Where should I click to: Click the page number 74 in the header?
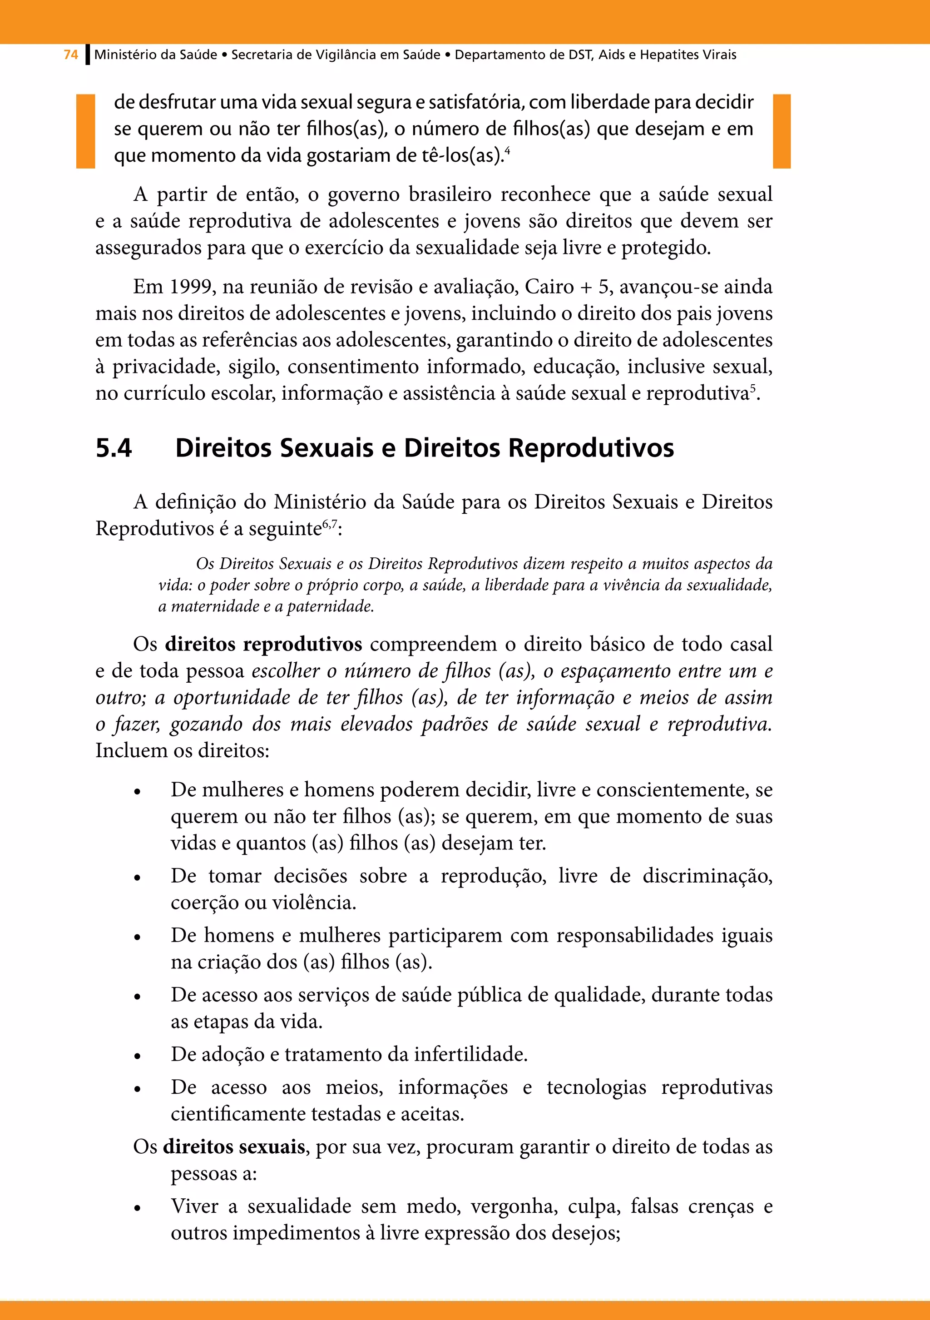click(x=71, y=55)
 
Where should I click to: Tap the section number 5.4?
click(x=114, y=448)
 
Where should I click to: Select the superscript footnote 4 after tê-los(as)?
click(x=508, y=151)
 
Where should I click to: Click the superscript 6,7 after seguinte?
click(x=329, y=523)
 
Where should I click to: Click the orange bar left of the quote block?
click(x=86, y=131)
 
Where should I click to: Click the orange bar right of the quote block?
click(x=782, y=131)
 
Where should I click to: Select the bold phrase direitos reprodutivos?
click(x=263, y=644)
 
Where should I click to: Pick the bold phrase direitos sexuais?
click(x=233, y=1146)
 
